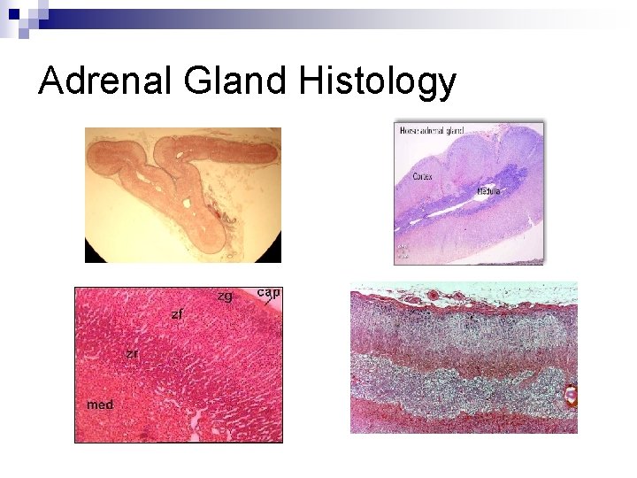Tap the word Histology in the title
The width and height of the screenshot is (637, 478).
(x=378, y=83)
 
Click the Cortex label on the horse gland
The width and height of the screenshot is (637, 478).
(x=424, y=176)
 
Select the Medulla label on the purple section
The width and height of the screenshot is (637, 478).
(x=489, y=191)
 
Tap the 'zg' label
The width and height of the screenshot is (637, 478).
(x=225, y=297)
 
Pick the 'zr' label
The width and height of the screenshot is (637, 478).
(x=131, y=353)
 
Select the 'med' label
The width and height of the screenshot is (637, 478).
(x=99, y=405)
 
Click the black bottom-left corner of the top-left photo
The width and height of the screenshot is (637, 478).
(x=91, y=256)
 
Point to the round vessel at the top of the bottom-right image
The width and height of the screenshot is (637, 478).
(x=434, y=295)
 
